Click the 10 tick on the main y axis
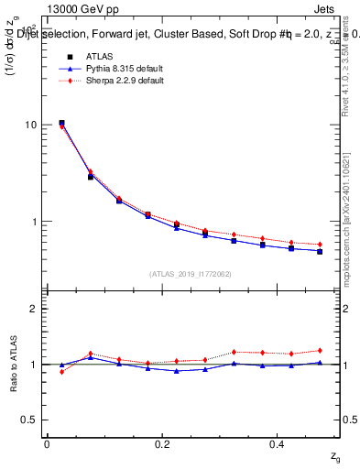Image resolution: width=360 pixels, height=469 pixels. point(31,125)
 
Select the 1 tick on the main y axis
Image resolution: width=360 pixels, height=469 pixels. point(34,222)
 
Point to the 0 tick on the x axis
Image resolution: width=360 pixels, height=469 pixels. point(47,444)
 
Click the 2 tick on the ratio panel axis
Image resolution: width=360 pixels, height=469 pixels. point(34,309)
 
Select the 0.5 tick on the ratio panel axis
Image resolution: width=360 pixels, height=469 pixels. point(29,420)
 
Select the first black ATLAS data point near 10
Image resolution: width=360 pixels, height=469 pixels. point(61,123)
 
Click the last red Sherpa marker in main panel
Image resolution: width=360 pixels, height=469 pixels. point(320,245)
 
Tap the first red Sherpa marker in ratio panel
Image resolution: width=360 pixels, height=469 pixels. point(61,372)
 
